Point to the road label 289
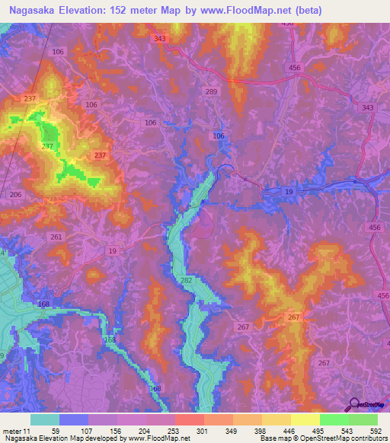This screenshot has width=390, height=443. (x=211, y=92)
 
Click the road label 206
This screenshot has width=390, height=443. (x=14, y=195)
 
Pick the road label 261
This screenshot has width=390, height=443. (x=56, y=237)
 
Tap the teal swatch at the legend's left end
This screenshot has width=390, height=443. (x=45, y=419)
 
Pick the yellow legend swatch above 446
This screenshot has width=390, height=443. (x=276, y=419)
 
